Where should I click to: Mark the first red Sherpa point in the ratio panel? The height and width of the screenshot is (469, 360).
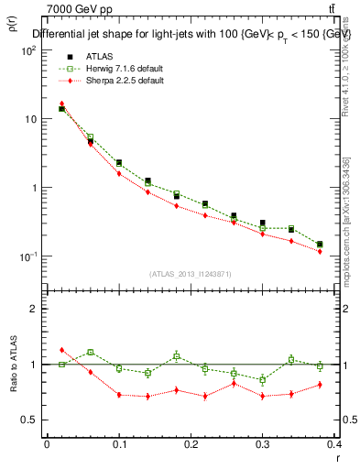(61, 350)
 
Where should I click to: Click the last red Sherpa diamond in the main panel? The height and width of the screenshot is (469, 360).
(320, 251)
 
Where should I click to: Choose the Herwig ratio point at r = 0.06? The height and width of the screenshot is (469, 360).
(90, 353)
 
